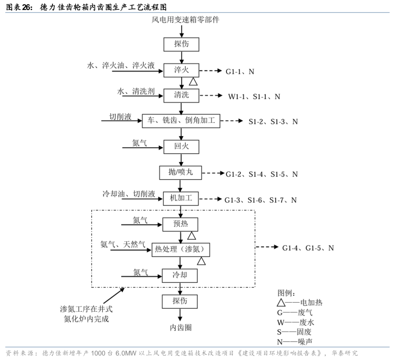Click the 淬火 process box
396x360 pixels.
181,70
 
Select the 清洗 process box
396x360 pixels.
181,95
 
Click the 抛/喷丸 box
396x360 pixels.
181,173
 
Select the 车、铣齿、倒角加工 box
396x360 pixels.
181,121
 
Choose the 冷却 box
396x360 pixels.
180,275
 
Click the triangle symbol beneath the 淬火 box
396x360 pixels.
193,81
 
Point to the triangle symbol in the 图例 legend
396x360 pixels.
281,303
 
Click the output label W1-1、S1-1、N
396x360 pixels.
254,96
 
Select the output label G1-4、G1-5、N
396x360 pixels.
308,248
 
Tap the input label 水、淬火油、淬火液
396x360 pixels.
121,66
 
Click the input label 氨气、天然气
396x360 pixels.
123,244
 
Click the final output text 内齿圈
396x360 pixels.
180,327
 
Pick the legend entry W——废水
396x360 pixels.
296,322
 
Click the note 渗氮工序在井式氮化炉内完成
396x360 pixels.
87,314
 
